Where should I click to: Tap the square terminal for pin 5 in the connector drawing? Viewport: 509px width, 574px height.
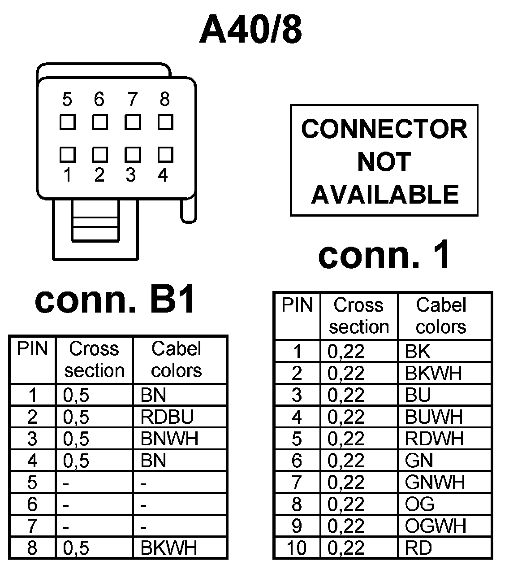[x=67, y=122]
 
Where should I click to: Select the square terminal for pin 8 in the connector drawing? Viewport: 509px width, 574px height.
[x=165, y=122]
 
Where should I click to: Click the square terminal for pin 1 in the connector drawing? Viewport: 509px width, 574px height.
[x=67, y=154]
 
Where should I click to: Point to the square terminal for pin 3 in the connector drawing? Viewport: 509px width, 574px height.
[x=133, y=154]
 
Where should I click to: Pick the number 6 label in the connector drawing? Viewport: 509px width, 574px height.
[x=99, y=100]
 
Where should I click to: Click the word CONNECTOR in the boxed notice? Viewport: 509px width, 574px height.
[x=384, y=129]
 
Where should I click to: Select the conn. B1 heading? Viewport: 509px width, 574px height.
[x=115, y=300]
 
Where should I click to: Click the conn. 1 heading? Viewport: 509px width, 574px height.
[x=384, y=256]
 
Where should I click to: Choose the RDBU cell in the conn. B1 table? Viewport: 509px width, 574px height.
[x=167, y=417]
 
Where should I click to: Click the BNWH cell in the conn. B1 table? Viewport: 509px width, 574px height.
[x=169, y=439]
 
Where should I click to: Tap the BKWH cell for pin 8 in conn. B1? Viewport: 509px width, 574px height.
[x=168, y=548]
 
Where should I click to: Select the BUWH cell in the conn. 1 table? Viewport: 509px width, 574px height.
[x=433, y=417]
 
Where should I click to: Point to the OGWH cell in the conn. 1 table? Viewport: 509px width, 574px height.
[x=435, y=526]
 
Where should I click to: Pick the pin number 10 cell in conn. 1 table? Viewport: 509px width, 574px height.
[x=297, y=548]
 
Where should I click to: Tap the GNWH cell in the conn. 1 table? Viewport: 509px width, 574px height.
[x=435, y=483]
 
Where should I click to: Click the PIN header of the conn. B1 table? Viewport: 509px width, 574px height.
[x=32, y=349]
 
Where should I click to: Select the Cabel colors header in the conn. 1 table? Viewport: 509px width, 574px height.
[x=441, y=316]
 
